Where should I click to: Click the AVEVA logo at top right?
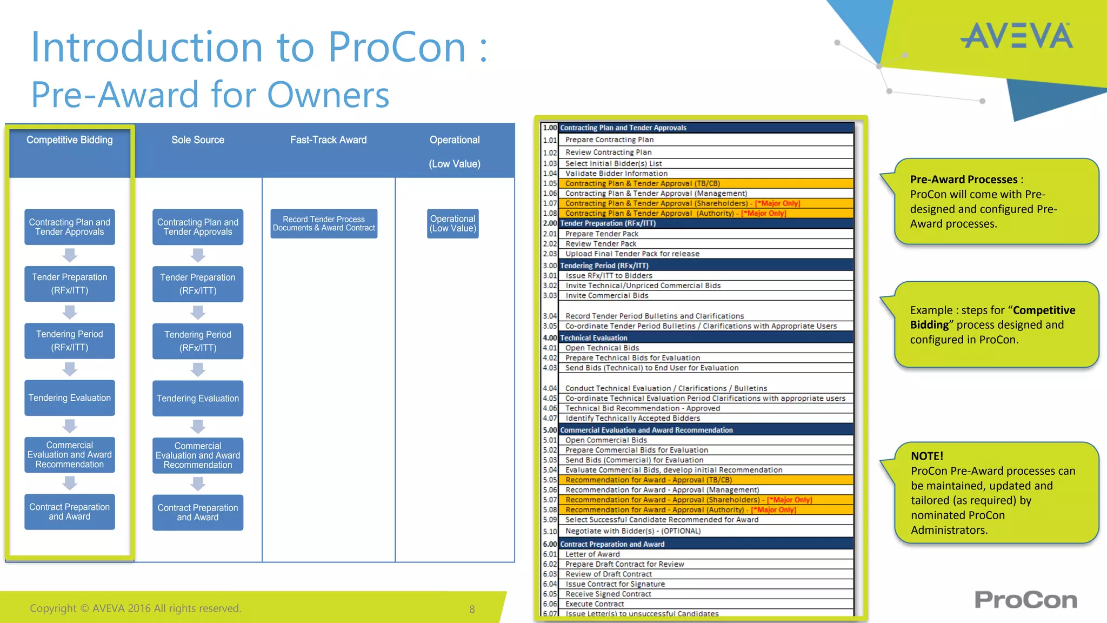pyautogui.click(x=1016, y=36)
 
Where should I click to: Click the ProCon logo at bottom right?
pyautogui.click(x=1025, y=600)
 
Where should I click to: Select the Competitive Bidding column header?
pyautogui.click(x=70, y=140)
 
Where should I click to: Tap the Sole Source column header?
pyautogui.click(x=198, y=140)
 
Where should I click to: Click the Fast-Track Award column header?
pyautogui.click(x=328, y=140)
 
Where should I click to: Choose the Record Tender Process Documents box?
pyautogui.click(x=324, y=223)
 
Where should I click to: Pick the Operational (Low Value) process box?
pyautogui.click(x=453, y=223)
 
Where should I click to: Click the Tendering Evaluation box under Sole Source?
pyautogui.click(x=198, y=399)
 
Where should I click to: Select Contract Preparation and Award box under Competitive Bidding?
pyautogui.click(x=70, y=512)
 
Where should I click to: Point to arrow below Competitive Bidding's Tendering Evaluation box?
pyautogui.click(x=70, y=426)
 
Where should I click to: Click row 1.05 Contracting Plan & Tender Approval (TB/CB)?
pyautogui.click(x=642, y=183)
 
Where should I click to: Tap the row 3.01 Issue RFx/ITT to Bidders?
pyautogui.click(x=609, y=275)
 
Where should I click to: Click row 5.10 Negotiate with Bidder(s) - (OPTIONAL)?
pyautogui.click(x=632, y=531)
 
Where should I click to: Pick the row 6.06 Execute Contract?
pyautogui.click(x=594, y=604)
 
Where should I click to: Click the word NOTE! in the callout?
pyautogui.click(x=926, y=456)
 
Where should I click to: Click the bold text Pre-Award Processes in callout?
pyautogui.click(x=963, y=180)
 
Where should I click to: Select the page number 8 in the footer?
pyautogui.click(x=472, y=609)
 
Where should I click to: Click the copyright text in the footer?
pyautogui.click(x=135, y=608)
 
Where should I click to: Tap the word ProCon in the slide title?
pyautogui.click(x=397, y=47)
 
